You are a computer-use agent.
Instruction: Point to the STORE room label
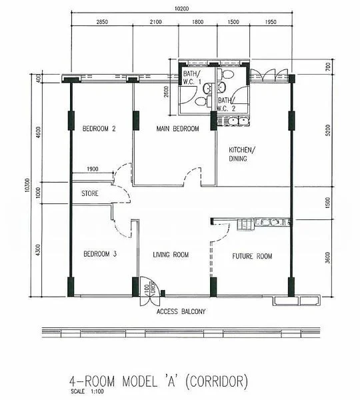[91, 195]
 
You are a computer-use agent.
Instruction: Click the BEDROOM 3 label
[99, 255]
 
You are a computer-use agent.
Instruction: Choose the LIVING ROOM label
[171, 255]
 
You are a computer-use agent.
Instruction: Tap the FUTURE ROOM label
[252, 255]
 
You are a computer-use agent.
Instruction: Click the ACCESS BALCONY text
[181, 311]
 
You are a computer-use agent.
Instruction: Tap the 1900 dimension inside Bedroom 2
[92, 169]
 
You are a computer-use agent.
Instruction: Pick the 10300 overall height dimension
[26, 187]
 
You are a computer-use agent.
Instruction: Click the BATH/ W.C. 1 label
[192, 79]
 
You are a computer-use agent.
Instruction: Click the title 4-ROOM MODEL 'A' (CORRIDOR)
[158, 382]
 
